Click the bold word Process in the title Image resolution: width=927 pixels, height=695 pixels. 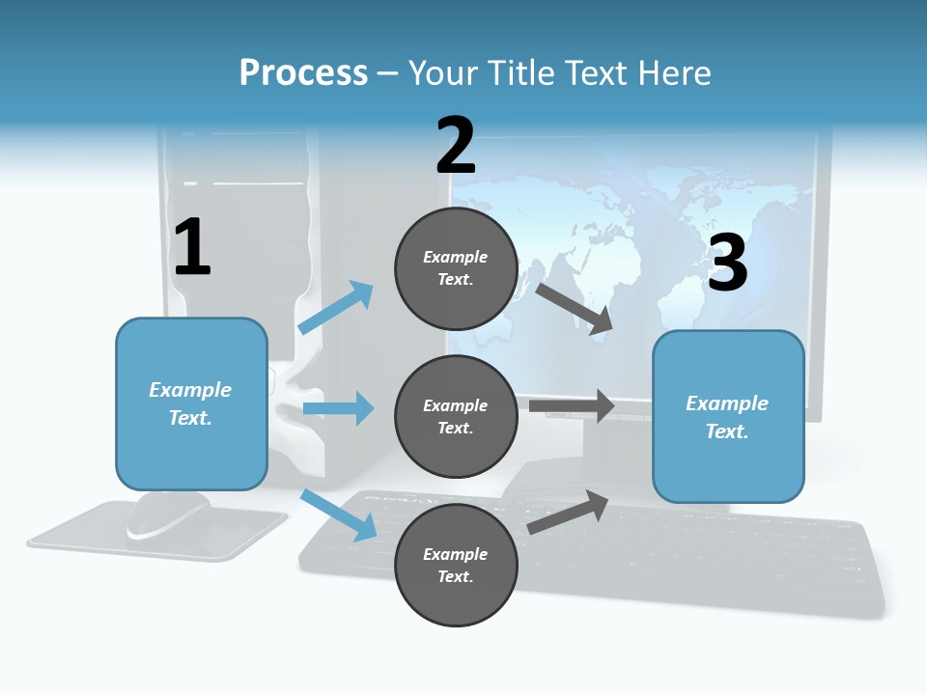pyautogui.click(x=303, y=72)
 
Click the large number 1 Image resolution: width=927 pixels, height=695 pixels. pyautogui.click(x=192, y=247)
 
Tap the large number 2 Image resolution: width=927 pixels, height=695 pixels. pyautogui.click(x=456, y=145)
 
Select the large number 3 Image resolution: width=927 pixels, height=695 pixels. pyautogui.click(x=727, y=263)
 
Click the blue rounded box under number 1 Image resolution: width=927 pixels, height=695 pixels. pyautogui.click(x=191, y=404)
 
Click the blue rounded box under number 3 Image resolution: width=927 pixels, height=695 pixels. pyautogui.click(x=728, y=417)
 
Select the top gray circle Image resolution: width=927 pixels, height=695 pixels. pyautogui.click(x=456, y=268)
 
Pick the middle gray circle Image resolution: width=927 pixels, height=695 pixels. pyautogui.click(x=456, y=417)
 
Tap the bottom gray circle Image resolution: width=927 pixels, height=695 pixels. pyautogui.click(x=456, y=566)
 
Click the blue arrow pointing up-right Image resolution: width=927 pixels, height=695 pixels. pyautogui.click(x=336, y=308)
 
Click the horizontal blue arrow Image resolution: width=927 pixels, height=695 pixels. pyautogui.click(x=338, y=408)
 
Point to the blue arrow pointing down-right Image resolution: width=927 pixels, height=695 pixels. pyautogui.click(x=339, y=515)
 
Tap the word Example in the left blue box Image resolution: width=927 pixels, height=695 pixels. pyautogui.click(x=190, y=390)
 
